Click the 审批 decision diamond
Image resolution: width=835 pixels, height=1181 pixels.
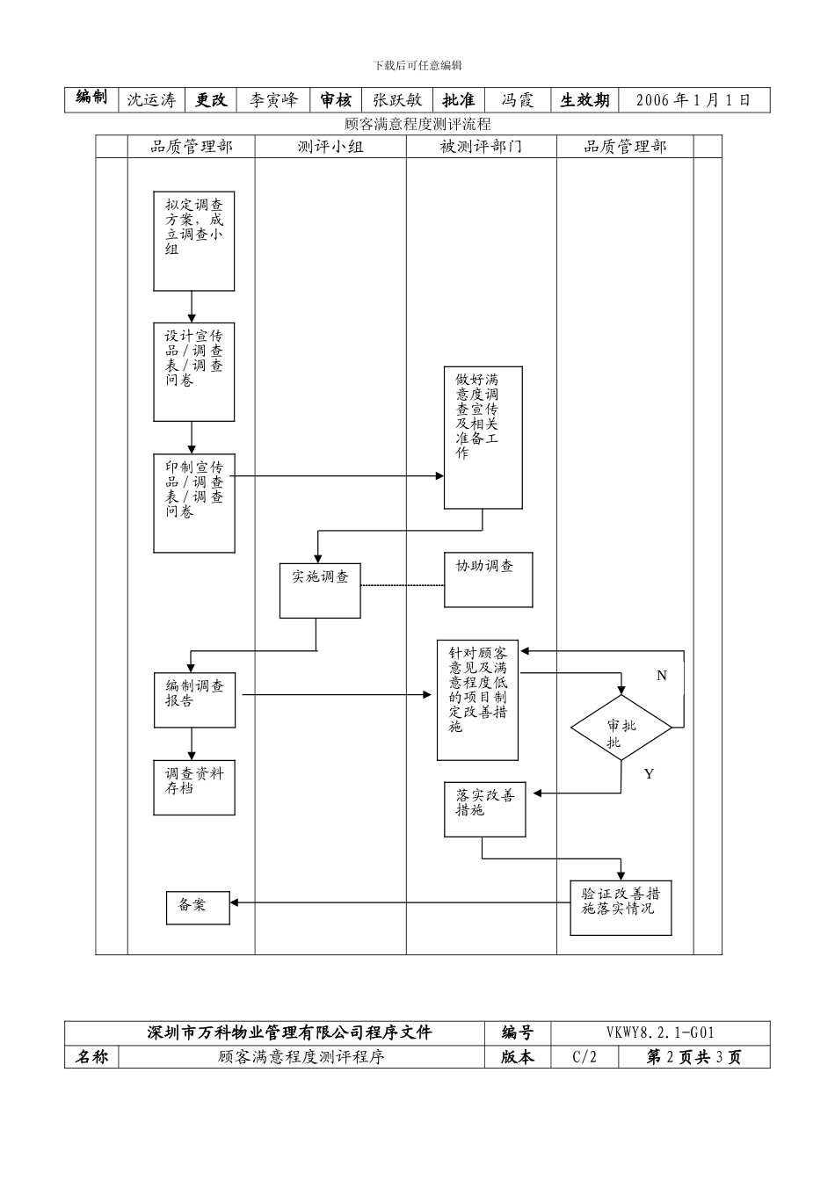621,728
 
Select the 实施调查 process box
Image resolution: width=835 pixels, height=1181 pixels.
320,590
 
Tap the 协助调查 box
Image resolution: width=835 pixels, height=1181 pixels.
488,579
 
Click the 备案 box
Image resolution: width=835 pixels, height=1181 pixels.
198,908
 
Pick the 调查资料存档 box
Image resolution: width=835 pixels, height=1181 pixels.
194,787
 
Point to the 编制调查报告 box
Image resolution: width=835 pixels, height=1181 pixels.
194,699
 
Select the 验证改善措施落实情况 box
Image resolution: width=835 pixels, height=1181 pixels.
621,908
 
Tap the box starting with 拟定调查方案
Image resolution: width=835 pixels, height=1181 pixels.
194,241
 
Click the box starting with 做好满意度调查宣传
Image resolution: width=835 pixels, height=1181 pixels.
483,438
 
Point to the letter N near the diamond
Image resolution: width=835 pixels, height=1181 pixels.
662,676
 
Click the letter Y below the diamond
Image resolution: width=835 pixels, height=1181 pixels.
649,774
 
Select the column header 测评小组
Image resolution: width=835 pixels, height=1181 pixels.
330,147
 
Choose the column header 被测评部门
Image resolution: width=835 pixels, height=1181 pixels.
481,147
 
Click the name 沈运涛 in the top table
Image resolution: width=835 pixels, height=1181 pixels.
151,100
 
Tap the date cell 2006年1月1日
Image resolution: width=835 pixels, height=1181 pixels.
693,100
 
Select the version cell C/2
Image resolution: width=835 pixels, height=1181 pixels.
584,1057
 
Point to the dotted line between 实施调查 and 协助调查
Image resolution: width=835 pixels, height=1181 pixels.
403,585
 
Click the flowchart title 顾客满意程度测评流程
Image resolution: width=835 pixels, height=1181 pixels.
417,125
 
